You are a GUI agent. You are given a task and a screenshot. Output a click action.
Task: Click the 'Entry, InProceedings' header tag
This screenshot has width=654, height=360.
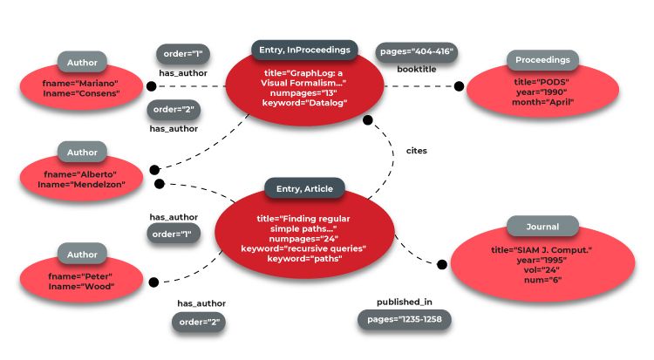pyautogui.click(x=304, y=50)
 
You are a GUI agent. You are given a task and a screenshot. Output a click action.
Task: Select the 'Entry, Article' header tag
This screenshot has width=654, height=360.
pyautogui.click(x=304, y=187)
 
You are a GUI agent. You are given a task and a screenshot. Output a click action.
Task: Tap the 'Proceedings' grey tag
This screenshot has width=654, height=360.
pyautogui.click(x=542, y=60)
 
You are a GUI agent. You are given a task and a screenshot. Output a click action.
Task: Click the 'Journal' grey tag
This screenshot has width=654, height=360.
pyautogui.click(x=542, y=227)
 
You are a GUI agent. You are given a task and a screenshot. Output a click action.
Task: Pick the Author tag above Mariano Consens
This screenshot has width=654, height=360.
pyautogui.click(x=83, y=62)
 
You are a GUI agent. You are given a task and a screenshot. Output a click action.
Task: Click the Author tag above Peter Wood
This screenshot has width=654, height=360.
pyautogui.click(x=83, y=255)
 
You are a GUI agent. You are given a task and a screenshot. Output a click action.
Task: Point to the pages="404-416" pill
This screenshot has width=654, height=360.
pyautogui.click(x=417, y=51)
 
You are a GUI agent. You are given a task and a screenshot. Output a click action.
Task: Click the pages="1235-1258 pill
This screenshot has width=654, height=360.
pyautogui.click(x=404, y=320)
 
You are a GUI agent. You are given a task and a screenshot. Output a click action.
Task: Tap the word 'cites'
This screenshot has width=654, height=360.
pyautogui.click(x=417, y=150)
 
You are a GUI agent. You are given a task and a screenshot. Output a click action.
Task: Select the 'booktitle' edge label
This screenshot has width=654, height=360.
pyautogui.click(x=417, y=68)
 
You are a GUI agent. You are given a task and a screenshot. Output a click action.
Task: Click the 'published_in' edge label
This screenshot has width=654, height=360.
pyautogui.click(x=404, y=302)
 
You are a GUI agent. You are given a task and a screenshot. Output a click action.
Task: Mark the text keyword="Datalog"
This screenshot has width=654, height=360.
pyautogui.click(x=304, y=103)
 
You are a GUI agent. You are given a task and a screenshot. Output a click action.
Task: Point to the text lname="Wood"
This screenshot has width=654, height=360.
pyautogui.click(x=81, y=287)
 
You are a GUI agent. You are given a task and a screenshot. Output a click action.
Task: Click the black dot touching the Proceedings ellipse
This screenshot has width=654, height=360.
pyautogui.click(x=460, y=85)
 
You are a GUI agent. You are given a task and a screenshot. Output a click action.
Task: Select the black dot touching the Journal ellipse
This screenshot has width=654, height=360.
pyautogui.click(x=441, y=263)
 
